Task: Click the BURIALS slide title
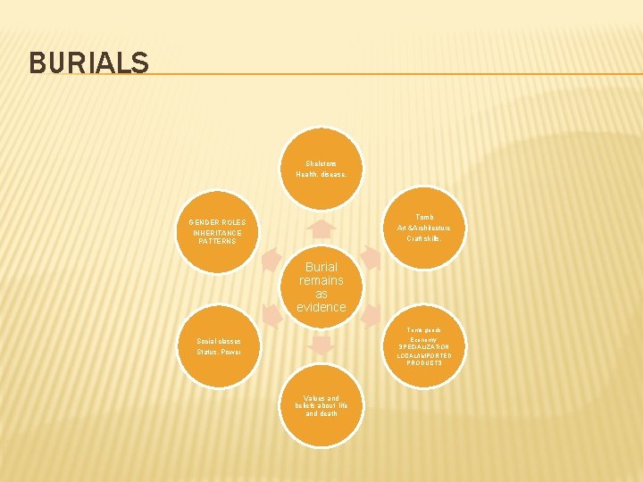[x=88, y=62]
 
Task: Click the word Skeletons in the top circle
[x=321, y=163]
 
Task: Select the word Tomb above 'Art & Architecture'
[x=425, y=217]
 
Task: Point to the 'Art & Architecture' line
[x=423, y=228]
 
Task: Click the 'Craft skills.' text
[x=423, y=238]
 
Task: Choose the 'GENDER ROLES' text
[x=217, y=222]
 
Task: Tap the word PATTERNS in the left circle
[x=217, y=242]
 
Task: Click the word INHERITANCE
[x=217, y=233]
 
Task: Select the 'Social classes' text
[x=218, y=341]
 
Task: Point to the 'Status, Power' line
[x=218, y=352]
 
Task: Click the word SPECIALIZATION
[x=424, y=347]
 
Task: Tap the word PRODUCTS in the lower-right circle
[x=424, y=363]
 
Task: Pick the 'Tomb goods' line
[x=424, y=330]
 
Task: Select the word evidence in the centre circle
[x=321, y=307]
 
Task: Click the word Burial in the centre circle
[x=321, y=267]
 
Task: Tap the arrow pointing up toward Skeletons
[x=321, y=229]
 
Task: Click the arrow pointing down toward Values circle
[x=321, y=343]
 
